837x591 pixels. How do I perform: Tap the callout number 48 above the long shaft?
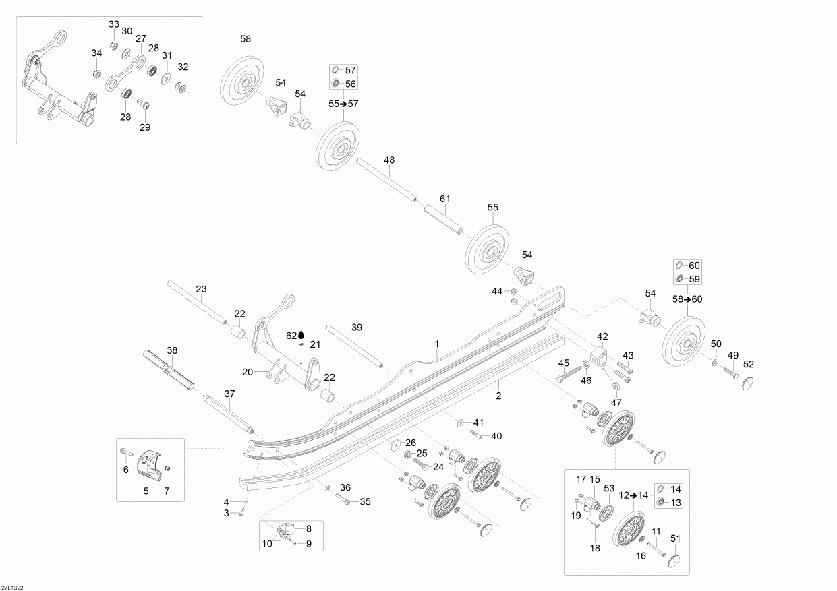[389, 160]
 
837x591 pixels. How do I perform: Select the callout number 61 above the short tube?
[444, 199]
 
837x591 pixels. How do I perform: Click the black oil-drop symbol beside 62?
[301, 334]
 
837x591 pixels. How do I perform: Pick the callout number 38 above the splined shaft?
[172, 351]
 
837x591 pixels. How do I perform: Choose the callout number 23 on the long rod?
[201, 289]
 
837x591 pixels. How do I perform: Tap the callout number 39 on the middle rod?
[357, 327]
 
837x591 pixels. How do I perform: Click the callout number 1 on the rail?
[436, 343]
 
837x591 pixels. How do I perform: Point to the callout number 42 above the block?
[602, 336]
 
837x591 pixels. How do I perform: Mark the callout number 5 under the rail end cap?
[146, 491]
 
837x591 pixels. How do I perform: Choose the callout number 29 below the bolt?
[145, 127]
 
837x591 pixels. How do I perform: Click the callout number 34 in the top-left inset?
[96, 53]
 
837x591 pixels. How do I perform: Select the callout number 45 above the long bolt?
[564, 364]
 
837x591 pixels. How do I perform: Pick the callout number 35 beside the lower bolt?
[365, 501]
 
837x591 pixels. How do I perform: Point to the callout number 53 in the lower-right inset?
[609, 488]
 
